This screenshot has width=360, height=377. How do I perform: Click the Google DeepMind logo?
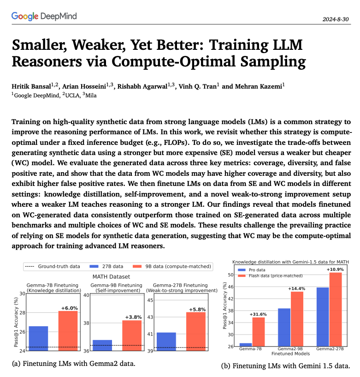pyautogui.click(x=44, y=16)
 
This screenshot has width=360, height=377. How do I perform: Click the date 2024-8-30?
pyautogui.click(x=335, y=19)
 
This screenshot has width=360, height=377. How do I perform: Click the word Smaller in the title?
pyautogui.click(x=39, y=45)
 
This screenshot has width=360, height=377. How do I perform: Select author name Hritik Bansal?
pyautogui.click(x=31, y=87)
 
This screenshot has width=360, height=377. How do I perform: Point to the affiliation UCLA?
pyautogui.click(x=72, y=96)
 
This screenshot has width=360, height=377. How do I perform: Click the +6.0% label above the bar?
pyautogui.click(x=70, y=308)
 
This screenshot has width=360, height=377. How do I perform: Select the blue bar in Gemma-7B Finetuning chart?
pyautogui.click(x=38, y=338)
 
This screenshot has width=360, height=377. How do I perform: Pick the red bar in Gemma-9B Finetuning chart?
pyautogui.click(x=132, y=335)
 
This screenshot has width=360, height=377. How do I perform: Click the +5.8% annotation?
pyautogui.click(x=197, y=310)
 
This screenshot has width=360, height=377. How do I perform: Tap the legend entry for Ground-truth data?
pyautogui.click(x=53, y=266)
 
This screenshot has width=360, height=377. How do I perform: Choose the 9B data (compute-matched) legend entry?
pyautogui.click(x=172, y=266)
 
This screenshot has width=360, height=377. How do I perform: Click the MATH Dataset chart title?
pyautogui.click(x=111, y=277)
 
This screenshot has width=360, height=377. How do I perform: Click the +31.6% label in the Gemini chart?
pyautogui.click(x=258, y=314)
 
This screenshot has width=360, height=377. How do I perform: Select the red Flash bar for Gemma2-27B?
pyautogui.click(x=336, y=310)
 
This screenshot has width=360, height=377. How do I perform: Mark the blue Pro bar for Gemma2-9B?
pyautogui.click(x=284, y=327)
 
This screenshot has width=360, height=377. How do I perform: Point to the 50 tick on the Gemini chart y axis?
pyautogui.click(x=230, y=275)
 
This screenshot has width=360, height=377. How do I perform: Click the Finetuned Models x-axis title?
pyautogui.click(x=290, y=353)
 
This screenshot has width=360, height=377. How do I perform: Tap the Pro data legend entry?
pyautogui.click(x=252, y=270)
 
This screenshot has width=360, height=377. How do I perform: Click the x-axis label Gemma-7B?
pyautogui.click(x=250, y=349)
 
